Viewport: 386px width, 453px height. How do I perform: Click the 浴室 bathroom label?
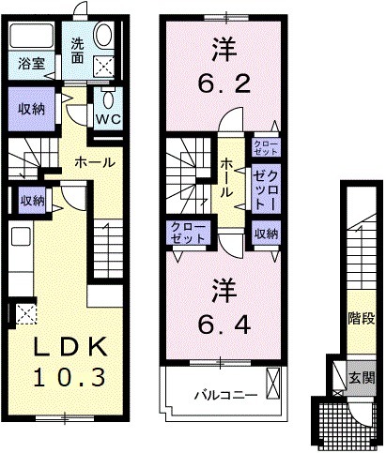point(27,64)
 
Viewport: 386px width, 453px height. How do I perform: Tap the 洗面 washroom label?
point(79,50)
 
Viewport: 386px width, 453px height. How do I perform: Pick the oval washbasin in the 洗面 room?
point(102,37)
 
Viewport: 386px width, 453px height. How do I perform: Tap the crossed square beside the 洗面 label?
point(102,64)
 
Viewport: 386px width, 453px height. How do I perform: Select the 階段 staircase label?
point(362,319)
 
